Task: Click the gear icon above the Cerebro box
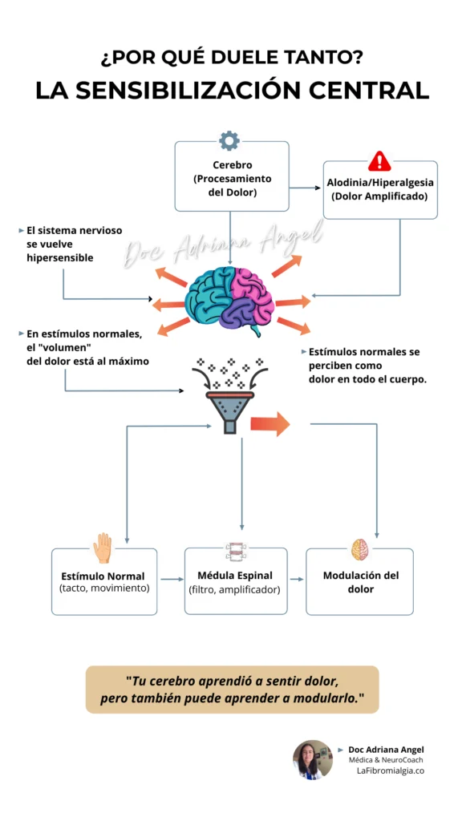click(x=229, y=141)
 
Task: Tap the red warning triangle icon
click(x=379, y=160)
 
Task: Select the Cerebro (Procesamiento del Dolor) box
click(x=232, y=178)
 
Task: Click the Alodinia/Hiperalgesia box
click(x=380, y=191)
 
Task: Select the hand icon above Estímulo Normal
click(x=103, y=548)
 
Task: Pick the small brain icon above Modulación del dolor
click(x=360, y=549)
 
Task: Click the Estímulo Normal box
click(x=103, y=582)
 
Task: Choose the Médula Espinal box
click(x=235, y=582)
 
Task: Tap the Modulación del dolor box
click(x=360, y=582)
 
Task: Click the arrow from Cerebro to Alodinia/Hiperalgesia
click(x=305, y=188)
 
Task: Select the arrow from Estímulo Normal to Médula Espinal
click(x=171, y=579)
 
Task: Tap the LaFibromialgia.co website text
click(x=390, y=770)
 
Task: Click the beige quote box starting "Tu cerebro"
click(x=232, y=690)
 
